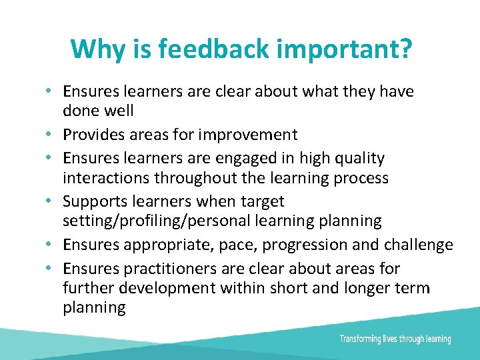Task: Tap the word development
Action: [x=166, y=288]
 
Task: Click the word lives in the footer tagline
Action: [x=389, y=339]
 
